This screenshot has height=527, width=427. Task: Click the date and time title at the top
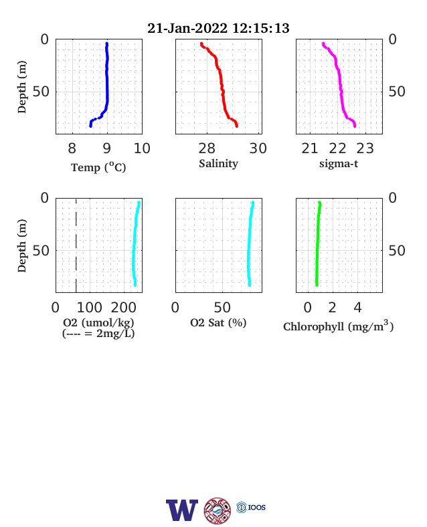218,28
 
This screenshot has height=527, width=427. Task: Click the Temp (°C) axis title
98,167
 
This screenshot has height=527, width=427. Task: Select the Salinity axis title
219,164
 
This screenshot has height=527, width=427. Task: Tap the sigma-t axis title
339,164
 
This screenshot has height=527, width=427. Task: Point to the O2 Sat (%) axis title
218,322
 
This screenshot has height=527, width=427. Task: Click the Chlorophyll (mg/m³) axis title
338,326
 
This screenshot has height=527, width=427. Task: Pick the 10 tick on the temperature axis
142,148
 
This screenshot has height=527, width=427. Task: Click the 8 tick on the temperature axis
72,148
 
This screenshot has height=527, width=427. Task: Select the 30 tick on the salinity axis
258,148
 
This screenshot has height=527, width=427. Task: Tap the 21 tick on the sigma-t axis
310,148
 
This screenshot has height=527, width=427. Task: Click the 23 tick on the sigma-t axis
365,148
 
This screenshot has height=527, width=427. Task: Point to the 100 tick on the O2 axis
90,308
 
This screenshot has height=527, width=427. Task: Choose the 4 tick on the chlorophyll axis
358,308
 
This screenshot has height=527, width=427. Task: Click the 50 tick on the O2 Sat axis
222,308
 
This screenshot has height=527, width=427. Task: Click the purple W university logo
182,510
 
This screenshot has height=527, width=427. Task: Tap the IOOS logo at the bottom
251,507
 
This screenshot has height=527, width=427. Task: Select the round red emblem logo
218,510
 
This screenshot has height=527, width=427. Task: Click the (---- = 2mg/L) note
98,334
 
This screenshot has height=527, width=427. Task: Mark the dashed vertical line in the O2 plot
76,245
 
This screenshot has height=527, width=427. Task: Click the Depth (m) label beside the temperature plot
21,87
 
